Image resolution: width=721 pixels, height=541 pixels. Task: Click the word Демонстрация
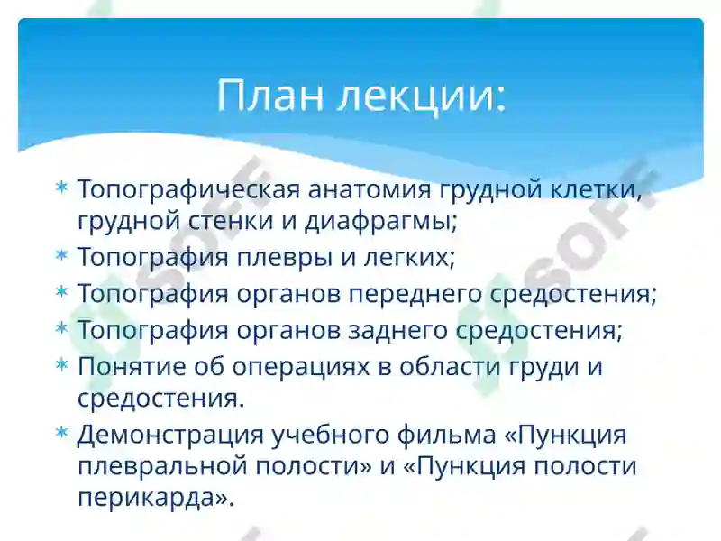coord(169,435)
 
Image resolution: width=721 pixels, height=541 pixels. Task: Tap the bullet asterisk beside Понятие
coord(61,365)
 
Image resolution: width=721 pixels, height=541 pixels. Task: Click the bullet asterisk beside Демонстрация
coord(61,433)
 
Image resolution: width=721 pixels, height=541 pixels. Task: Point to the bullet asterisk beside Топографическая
coord(61,188)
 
